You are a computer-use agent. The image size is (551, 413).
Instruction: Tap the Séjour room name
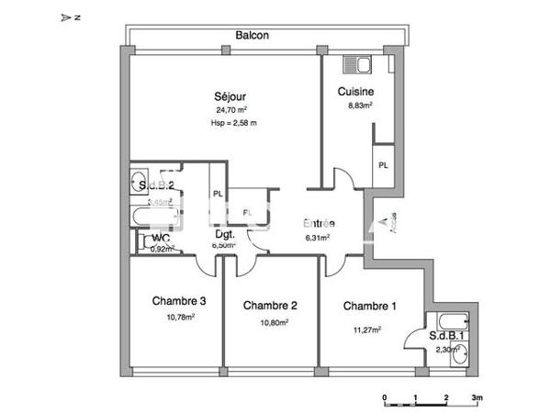(x=231, y=95)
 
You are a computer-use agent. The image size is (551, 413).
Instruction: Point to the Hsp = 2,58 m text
(x=233, y=122)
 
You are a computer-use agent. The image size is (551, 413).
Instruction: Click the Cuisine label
(x=354, y=92)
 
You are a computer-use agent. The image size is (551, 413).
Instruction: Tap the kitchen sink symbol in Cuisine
(x=354, y=65)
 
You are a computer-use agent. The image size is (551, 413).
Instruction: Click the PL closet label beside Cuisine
(x=382, y=165)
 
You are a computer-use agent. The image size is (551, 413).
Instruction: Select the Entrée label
(x=319, y=223)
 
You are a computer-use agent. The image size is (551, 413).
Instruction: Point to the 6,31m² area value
(x=318, y=237)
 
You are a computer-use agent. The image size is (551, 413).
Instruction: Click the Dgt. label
(x=224, y=234)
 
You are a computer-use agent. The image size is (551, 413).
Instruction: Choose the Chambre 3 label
(x=179, y=301)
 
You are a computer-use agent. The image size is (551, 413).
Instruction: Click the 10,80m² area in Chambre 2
(x=273, y=322)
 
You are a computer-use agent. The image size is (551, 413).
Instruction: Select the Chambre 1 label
(x=370, y=306)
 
